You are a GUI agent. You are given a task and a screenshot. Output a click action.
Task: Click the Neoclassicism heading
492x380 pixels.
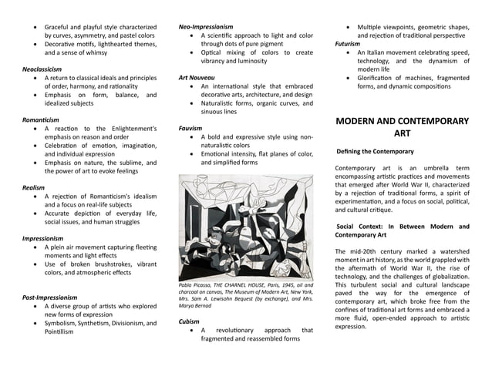tap(42, 69)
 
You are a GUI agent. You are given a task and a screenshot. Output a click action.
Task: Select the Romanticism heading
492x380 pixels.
tap(40, 119)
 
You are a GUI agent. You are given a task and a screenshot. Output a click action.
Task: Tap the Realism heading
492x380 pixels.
tap(33, 187)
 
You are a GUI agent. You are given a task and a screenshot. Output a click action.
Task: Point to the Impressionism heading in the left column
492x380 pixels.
tap(42, 238)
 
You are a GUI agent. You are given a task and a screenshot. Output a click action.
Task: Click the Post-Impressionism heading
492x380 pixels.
tap(49, 297)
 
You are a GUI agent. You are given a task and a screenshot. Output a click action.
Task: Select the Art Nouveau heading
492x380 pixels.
tap(197, 78)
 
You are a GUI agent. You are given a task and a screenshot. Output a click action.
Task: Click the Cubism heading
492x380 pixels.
tap(189, 321)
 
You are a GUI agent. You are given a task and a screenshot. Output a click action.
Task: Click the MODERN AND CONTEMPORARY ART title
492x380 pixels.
tap(402, 127)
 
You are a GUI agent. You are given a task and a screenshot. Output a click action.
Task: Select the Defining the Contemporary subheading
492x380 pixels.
tap(376, 151)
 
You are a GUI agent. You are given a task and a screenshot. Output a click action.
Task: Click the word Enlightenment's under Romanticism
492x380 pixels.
tap(129, 129)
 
